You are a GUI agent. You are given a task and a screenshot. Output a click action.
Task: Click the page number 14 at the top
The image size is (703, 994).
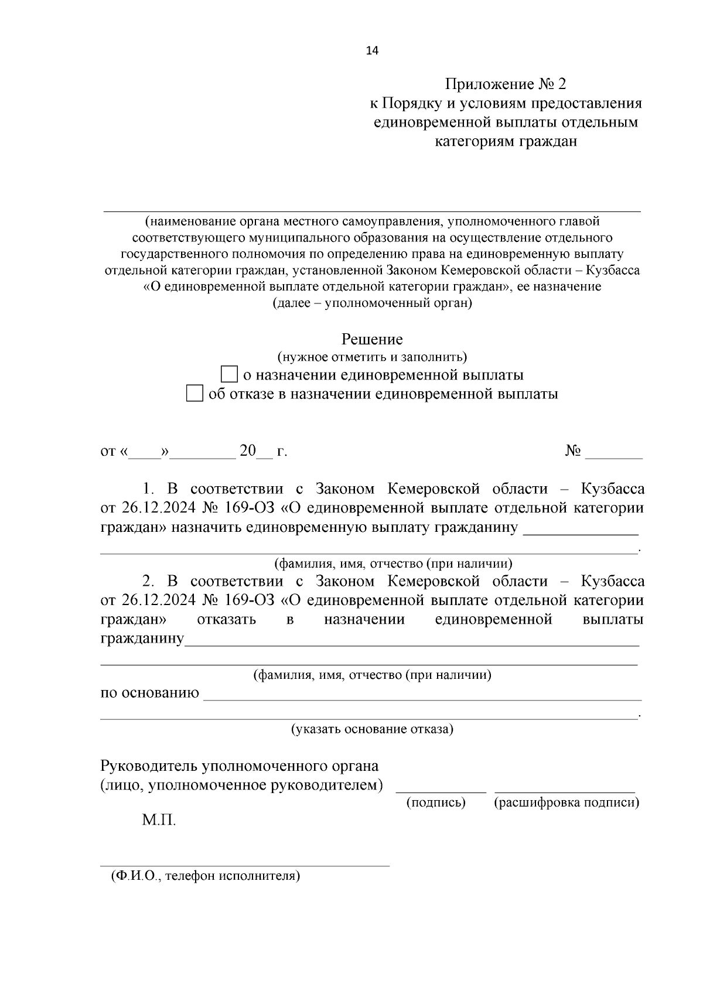(x=372, y=51)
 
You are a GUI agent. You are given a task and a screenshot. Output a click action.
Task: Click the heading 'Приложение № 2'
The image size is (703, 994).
(x=505, y=84)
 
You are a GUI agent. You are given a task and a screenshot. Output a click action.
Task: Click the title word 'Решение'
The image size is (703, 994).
(x=372, y=339)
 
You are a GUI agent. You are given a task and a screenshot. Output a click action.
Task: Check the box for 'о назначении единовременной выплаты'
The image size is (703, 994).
(x=229, y=374)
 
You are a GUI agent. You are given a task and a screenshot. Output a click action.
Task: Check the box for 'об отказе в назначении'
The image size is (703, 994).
(x=194, y=394)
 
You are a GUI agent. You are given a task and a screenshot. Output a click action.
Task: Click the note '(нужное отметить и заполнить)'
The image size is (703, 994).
(x=372, y=357)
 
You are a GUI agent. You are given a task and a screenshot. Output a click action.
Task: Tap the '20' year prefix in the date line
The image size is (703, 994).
(x=248, y=451)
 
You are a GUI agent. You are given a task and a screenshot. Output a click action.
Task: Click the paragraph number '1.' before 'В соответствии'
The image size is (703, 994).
(x=148, y=489)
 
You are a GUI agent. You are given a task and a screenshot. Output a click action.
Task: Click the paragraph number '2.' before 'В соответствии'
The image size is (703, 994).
(x=148, y=581)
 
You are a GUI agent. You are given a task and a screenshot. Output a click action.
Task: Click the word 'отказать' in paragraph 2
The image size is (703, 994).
(x=227, y=620)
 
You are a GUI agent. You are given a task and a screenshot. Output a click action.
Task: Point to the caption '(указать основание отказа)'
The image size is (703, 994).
(x=372, y=729)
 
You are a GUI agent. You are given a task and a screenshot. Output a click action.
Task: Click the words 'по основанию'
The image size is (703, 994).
(x=150, y=694)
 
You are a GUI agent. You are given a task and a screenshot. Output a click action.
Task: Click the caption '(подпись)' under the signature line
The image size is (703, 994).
(x=436, y=803)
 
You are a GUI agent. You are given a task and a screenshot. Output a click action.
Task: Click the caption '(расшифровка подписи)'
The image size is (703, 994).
(x=567, y=803)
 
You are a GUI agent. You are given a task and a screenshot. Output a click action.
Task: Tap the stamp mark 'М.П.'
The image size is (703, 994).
(x=159, y=820)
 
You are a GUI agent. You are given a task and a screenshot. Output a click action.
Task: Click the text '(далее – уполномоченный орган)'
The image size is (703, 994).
(x=372, y=303)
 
